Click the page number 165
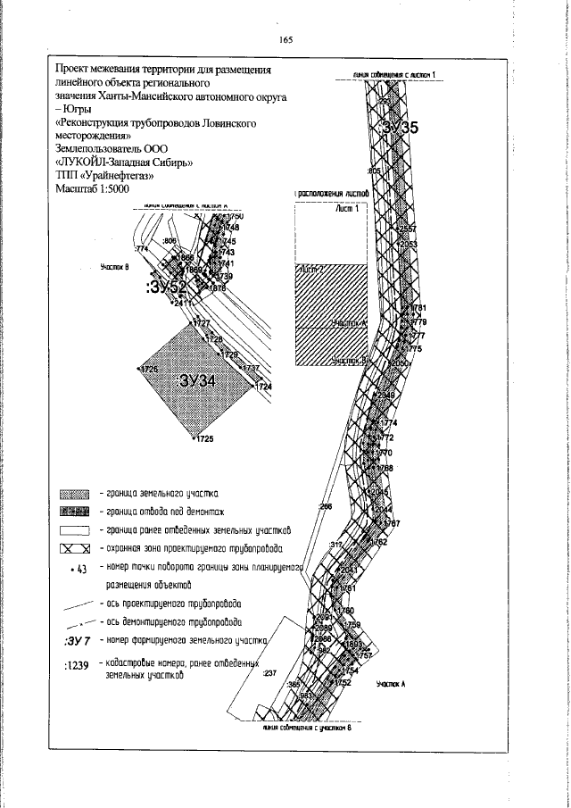pos(285,40)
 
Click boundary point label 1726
pos(148,369)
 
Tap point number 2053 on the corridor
pos(407,244)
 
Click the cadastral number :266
pos(325,507)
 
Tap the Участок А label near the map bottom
pos(391,683)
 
